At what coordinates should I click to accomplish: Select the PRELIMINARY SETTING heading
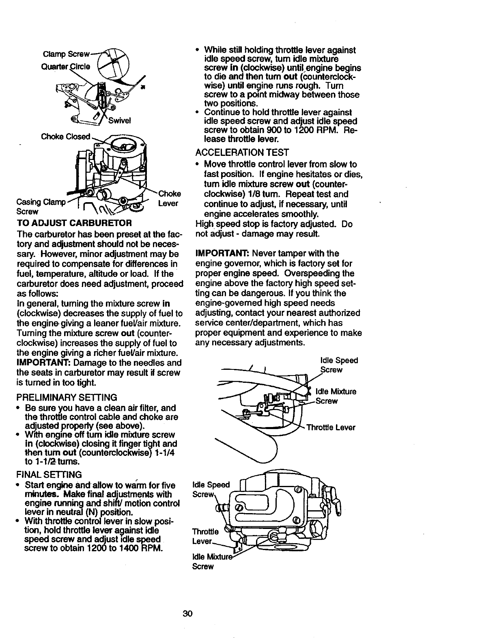click(67, 397)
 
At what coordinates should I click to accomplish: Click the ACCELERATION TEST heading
click(242, 153)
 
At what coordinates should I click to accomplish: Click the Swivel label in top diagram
click(119, 121)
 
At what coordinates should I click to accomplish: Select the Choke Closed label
click(65, 136)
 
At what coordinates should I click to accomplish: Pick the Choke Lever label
click(169, 198)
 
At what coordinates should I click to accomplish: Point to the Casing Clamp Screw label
click(39, 207)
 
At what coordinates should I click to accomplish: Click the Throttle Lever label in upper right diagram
click(331, 427)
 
